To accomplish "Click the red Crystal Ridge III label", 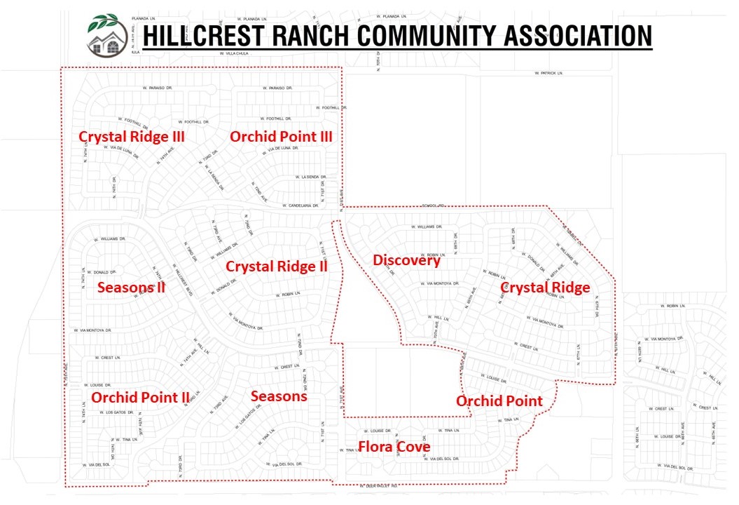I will point(132,137).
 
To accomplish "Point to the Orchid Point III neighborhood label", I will point(281,137).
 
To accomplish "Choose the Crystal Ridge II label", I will point(277,267).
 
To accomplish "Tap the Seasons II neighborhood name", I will point(131,287).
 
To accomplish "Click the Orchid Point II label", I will point(140,398).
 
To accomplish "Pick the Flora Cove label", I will point(394,447).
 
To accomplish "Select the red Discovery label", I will point(406,261).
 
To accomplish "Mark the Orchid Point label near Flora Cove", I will point(499,401).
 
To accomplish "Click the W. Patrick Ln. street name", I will point(548,73).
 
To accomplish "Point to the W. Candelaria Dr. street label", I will point(301,206).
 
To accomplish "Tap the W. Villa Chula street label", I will point(235,53).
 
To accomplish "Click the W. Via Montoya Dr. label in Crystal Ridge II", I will point(244,323).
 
